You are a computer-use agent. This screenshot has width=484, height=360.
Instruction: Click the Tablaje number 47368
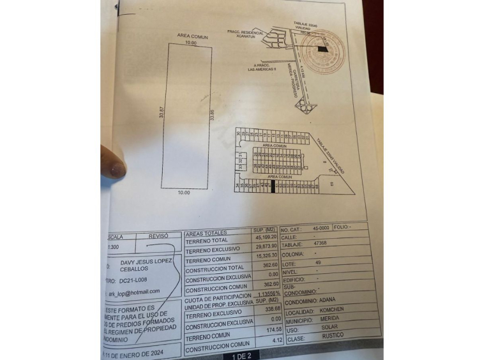tap(319, 243)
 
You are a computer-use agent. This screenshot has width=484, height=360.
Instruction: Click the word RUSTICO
tap(324, 336)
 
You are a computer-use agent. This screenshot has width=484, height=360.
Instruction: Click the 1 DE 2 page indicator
tap(242, 355)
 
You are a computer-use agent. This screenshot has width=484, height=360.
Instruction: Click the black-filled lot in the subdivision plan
tap(273, 186)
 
